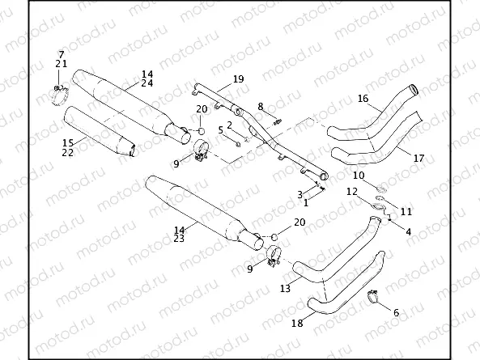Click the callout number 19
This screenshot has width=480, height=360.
(237, 78)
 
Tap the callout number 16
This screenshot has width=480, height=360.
(363, 99)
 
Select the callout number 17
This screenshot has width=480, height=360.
(418, 158)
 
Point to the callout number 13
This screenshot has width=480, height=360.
(285, 288)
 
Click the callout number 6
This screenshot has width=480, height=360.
(396, 311)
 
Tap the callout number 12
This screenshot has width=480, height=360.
(351, 192)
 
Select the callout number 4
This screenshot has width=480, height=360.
(408, 232)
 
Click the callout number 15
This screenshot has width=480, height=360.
(68, 142)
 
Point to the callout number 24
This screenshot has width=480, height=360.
(147, 83)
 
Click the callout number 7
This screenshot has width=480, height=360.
(61, 53)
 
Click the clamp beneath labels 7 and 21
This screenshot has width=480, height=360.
(59, 93)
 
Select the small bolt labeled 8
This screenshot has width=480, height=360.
(278, 121)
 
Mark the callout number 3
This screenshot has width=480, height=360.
(299, 194)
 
